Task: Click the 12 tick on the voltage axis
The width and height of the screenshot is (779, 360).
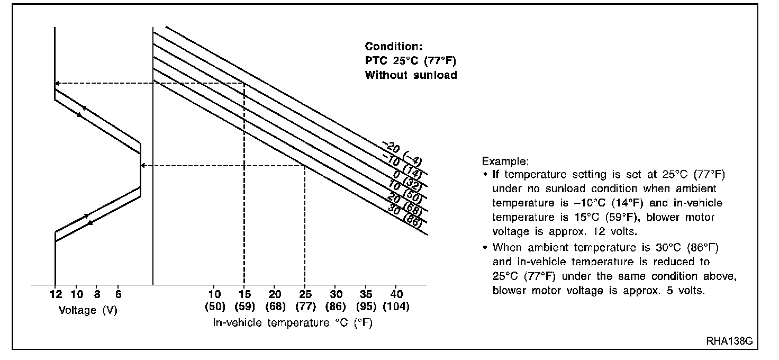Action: point(55,294)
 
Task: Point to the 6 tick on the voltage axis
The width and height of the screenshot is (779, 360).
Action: point(118,294)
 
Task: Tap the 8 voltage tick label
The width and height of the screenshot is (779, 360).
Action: point(98,294)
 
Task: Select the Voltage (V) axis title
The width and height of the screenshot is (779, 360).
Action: point(88,310)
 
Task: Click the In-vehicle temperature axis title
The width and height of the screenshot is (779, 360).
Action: point(293,322)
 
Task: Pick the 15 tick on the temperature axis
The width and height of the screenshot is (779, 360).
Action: point(244,294)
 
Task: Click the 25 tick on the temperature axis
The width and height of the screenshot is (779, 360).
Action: point(305,294)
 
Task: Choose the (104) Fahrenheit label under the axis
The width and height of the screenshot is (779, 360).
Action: point(397,307)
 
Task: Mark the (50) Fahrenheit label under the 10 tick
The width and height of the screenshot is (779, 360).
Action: point(214,307)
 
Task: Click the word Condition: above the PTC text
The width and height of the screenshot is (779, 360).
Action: point(394,46)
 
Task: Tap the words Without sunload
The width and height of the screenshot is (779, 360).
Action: point(411,75)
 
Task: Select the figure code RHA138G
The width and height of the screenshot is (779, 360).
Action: point(729,341)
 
